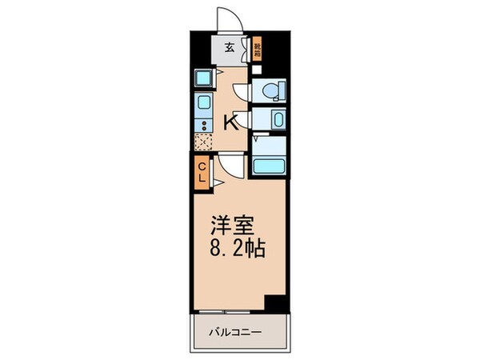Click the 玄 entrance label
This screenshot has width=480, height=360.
pyautogui.click(x=228, y=47)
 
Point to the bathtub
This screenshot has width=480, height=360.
pyautogui.click(x=270, y=166)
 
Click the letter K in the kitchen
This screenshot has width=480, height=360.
pyautogui.click(x=230, y=122)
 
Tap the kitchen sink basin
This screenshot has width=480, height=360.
pyautogui.click(x=203, y=103)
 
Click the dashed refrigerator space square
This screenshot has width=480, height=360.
pyautogui.click(x=203, y=142)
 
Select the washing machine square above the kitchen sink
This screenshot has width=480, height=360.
pyautogui.click(x=203, y=78)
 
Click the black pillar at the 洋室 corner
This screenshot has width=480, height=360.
pyautogui.click(x=276, y=304)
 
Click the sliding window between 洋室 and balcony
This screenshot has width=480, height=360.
pyautogui.click(x=227, y=310)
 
